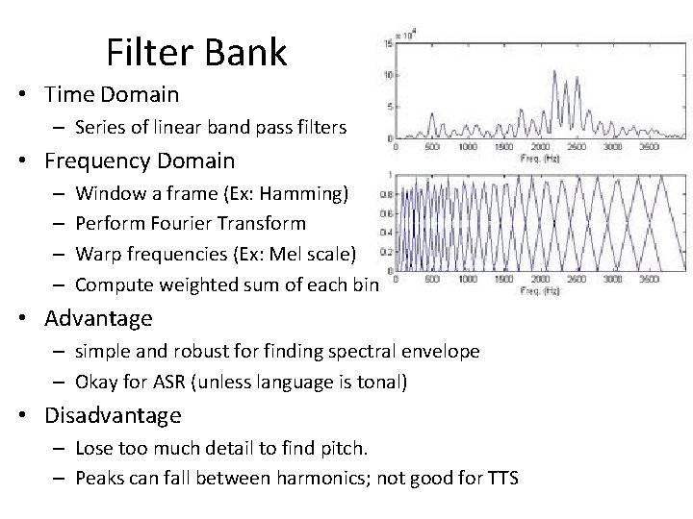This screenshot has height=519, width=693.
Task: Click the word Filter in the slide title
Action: pyautogui.click(x=148, y=52)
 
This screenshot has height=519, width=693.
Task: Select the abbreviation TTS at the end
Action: pyautogui.click(x=500, y=479)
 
